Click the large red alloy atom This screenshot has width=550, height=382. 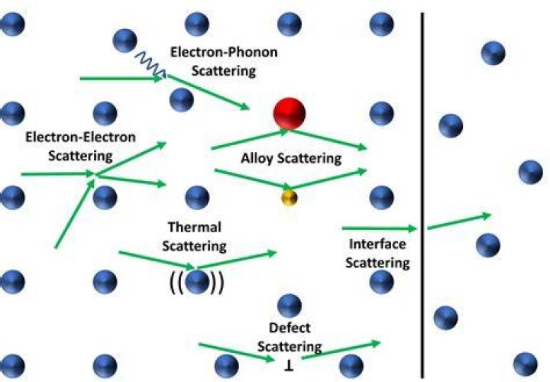pos(290,113)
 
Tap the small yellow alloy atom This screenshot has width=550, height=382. pos(290,197)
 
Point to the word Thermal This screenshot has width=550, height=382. pos(195,227)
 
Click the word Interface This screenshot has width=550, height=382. pos(377,244)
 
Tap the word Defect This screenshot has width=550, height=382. pos(290,328)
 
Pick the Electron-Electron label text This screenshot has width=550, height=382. pos(81,137)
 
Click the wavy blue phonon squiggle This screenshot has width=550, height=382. pos(150,63)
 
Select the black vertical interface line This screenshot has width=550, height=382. pos(422,195)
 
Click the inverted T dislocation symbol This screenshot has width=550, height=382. pos(290,366)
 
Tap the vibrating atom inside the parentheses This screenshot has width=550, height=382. pos(197,282)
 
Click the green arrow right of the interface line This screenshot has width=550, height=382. pos(459,222)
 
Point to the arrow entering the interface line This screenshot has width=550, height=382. pos(380,228)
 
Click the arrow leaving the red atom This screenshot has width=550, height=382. pos(328,140)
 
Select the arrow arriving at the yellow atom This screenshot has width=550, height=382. pos(253,179)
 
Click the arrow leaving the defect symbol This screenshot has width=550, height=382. pos(341,350)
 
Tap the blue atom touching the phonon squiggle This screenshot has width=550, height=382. pos(125,40)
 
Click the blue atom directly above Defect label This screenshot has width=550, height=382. pos(290,306)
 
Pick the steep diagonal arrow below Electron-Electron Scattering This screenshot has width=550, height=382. pos(75,214)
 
